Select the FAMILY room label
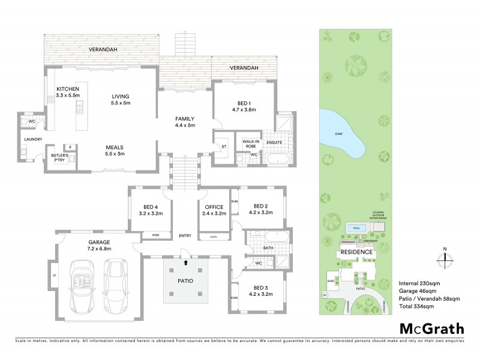click(184, 122)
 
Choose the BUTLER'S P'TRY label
click(61, 157)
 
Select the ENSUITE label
click(275, 142)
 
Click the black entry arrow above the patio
click(185, 262)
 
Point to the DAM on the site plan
click(340, 133)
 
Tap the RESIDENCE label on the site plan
click(358, 253)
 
